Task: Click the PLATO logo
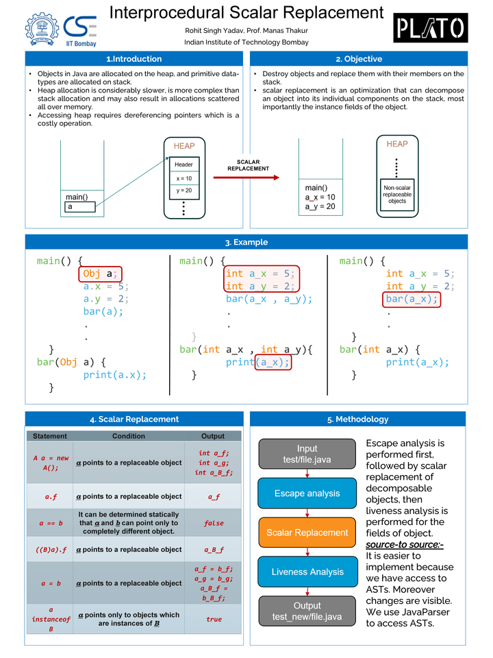pyautogui.click(x=431, y=28)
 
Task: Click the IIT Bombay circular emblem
pyautogui.click(x=42, y=29)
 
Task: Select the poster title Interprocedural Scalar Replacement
pyautogui.click(x=246, y=12)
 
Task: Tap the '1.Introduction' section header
pyautogui.click(x=134, y=59)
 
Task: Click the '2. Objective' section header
pyautogui.click(x=359, y=59)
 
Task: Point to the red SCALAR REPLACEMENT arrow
pyautogui.click(x=246, y=178)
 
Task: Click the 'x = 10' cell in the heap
pyautogui.click(x=184, y=178)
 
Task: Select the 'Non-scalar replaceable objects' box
pyautogui.click(x=397, y=194)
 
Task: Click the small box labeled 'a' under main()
pyautogui.click(x=84, y=206)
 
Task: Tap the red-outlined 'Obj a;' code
pyautogui.click(x=100, y=274)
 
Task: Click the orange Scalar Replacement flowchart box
pyautogui.click(x=307, y=533)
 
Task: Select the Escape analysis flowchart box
pyautogui.click(x=307, y=493)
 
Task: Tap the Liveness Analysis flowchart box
pyautogui.click(x=307, y=572)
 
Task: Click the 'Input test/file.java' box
pyautogui.click(x=307, y=454)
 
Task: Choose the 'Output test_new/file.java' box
pyautogui.click(x=307, y=611)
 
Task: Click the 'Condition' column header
pyautogui.click(x=129, y=436)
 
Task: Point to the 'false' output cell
pyautogui.click(x=214, y=523)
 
